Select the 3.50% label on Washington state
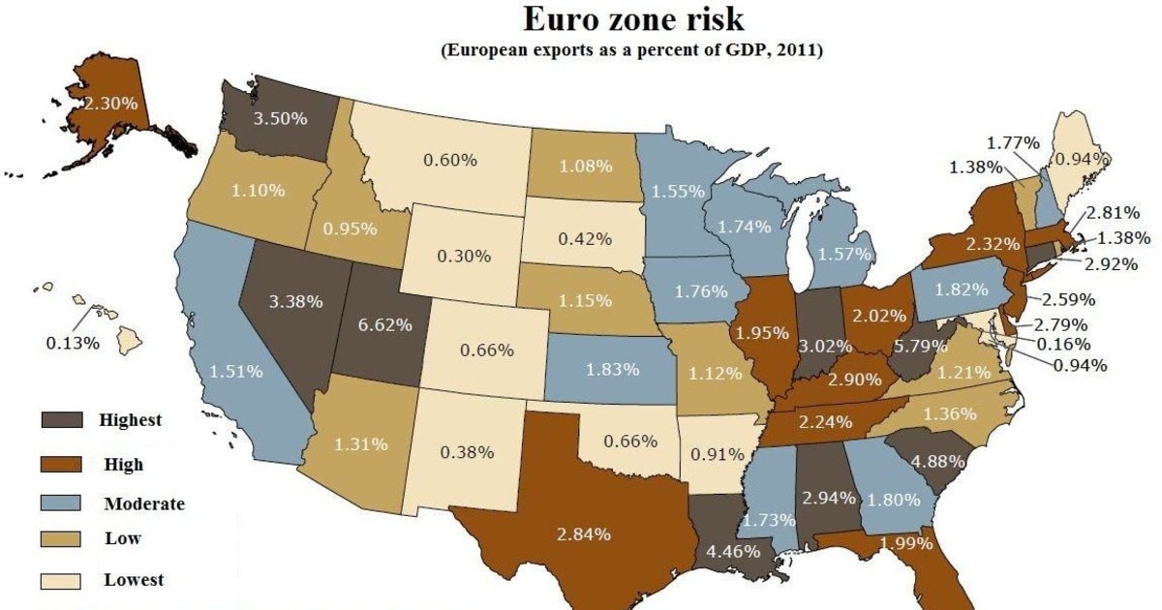pos(281,119)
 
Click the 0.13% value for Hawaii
pos(73,342)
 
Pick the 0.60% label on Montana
pos(450,160)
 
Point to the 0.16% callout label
pos(1062,343)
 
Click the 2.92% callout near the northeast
pos(1110,263)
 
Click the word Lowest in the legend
pos(134,580)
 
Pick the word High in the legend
pos(123,465)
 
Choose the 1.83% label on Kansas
pos(613,369)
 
